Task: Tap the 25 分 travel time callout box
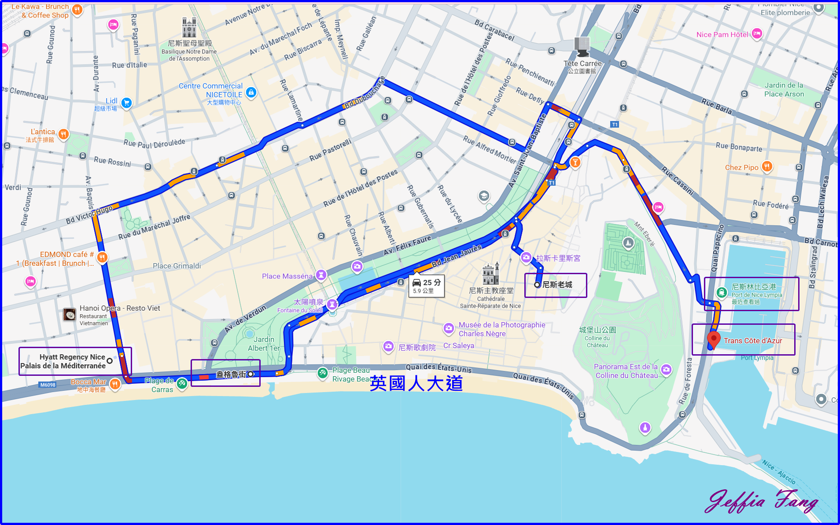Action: pos(426,286)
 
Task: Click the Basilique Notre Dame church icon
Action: pos(189,28)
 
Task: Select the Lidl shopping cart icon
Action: pos(126,103)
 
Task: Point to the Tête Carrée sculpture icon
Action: pos(582,47)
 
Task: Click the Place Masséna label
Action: pos(287,276)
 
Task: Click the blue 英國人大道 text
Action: pos(416,383)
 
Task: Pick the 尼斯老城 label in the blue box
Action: pos(557,285)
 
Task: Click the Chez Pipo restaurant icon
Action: pos(767,167)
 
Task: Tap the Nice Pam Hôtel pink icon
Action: pos(757,33)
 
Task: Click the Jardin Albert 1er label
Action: pos(264,344)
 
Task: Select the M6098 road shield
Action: pos(48,385)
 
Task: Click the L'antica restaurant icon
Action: pos(63,134)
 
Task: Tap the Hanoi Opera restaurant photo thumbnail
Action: pos(70,315)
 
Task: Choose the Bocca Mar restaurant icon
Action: pos(115,384)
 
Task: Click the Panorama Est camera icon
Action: pos(666,370)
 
